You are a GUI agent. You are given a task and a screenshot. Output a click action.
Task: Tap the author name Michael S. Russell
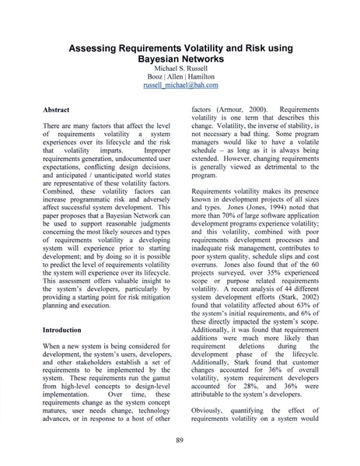pyautogui.click(x=180, y=68)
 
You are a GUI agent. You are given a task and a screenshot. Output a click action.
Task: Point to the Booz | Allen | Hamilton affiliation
pyautogui.click(x=180, y=77)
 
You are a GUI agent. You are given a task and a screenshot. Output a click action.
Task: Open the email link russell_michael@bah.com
pyautogui.click(x=180, y=86)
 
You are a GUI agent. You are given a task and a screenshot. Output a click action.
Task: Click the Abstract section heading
pyautogui.click(x=59, y=111)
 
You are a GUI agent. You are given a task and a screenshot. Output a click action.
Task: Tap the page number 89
pyautogui.click(x=180, y=440)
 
